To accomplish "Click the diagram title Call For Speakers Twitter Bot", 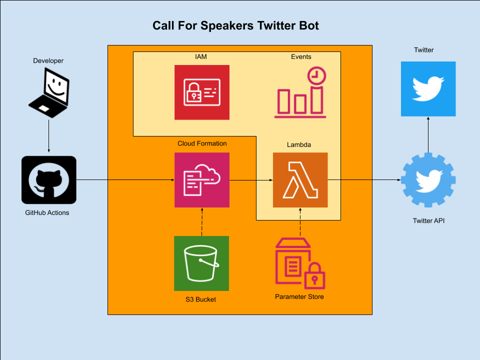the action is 235,26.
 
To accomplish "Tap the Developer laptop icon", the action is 48,93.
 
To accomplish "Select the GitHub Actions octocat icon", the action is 49,180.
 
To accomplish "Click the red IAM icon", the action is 201,92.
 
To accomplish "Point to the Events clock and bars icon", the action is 300,93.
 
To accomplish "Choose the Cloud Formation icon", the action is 201,180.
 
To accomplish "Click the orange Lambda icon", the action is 300,180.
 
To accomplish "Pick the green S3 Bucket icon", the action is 201,263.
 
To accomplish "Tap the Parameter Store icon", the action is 299,263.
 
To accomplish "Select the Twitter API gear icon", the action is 428,180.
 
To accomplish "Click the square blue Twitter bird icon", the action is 428,89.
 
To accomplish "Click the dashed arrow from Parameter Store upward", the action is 300,221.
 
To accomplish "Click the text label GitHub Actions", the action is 47,212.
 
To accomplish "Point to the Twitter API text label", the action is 428,220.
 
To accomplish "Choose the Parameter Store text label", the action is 299,296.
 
